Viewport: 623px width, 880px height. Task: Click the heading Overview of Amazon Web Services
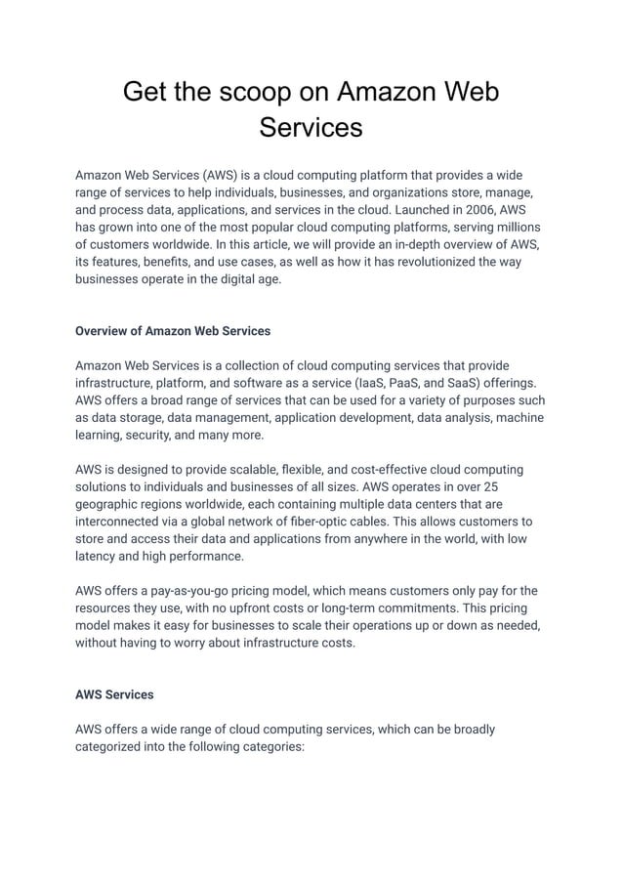(x=173, y=331)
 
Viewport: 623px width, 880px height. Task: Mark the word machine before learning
(x=520, y=418)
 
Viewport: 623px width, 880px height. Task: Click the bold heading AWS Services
(x=114, y=694)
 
